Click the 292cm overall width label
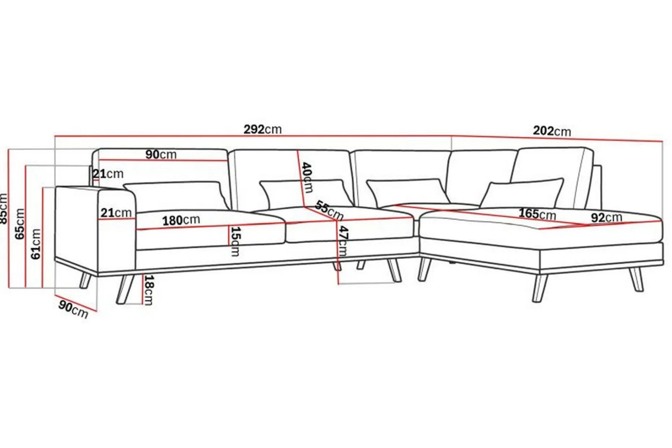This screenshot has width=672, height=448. [x=262, y=129]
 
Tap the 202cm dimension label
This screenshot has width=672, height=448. [x=552, y=130]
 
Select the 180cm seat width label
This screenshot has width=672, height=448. [x=181, y=220]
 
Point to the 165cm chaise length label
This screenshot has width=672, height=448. [x=537, y=214]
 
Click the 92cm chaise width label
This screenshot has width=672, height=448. [x=606, y=217]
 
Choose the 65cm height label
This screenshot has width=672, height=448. [x=20, y=224]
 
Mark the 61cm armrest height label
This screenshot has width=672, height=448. [x=36, y=244]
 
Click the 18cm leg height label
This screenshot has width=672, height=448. [x=148, y=290]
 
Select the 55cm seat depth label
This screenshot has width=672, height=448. [x=329, y=210]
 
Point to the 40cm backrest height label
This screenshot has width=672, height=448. [x=307, y=177]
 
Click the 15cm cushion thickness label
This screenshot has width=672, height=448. [x=235, y=241]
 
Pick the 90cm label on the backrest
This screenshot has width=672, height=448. [x=161, y=154]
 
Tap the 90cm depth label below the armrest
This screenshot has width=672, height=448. [x=73, y=310]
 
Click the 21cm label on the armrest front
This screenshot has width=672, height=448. [x=116, y=212]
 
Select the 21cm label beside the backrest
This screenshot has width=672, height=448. [x=108, y=174]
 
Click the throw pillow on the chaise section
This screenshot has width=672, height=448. [x=522, y=194]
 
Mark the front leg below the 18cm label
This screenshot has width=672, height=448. [x=125, y=289]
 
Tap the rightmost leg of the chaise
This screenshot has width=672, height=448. [x=636, y=279]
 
